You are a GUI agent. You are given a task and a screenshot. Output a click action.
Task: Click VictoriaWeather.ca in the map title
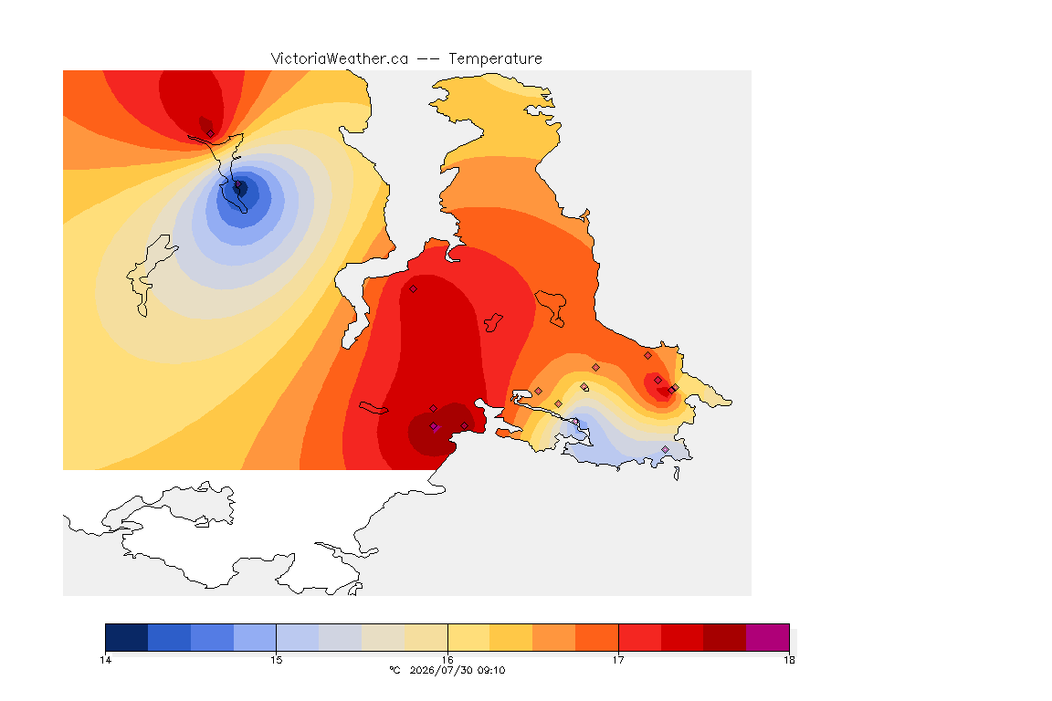point(340,59)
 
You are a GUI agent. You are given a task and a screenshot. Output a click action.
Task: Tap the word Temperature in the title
point(495,59)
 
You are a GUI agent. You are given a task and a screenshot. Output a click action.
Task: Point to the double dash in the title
point(428,59)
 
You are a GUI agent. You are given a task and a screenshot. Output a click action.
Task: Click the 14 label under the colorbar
point(105,660)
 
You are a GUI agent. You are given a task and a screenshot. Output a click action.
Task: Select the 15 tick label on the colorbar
point(277,660)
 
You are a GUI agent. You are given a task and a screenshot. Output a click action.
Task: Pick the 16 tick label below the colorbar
point(447,660)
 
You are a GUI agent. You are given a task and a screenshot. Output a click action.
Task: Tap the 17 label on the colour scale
point(618,660)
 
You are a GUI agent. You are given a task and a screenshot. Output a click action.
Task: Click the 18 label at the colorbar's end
point(789,660)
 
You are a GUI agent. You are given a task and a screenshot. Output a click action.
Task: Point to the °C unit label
point(395,670)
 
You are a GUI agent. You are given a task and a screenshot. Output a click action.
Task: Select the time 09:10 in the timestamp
point(491,670)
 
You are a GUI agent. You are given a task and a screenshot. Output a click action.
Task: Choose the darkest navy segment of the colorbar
point(127,637)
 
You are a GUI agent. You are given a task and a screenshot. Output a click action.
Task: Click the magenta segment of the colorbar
point(767,637)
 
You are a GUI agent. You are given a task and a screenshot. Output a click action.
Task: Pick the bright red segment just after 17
point(639,637)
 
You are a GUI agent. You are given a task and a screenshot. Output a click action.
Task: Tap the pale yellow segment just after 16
point(469,637)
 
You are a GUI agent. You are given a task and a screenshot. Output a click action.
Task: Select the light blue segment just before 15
point(255,637)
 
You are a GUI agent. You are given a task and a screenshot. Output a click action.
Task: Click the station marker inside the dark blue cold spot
point(237,184)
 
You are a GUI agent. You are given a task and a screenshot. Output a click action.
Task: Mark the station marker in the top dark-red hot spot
point(211,133)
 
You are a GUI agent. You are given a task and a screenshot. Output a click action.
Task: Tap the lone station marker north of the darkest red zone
point(414,289)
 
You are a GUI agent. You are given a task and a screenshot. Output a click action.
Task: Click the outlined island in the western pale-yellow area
point(149,274)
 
